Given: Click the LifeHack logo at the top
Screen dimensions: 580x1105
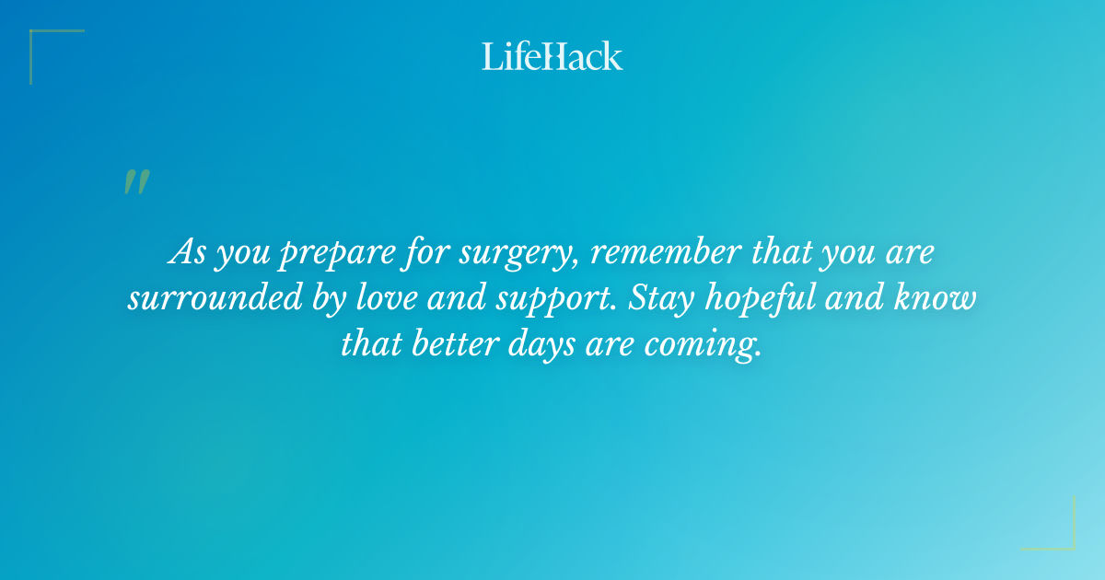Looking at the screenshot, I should click(552, 56).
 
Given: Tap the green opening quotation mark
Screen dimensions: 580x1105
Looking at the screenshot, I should click(135, 182).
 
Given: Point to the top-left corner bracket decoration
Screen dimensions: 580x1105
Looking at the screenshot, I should click(46, 46).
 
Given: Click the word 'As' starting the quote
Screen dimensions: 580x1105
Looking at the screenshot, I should click(187, 253).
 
